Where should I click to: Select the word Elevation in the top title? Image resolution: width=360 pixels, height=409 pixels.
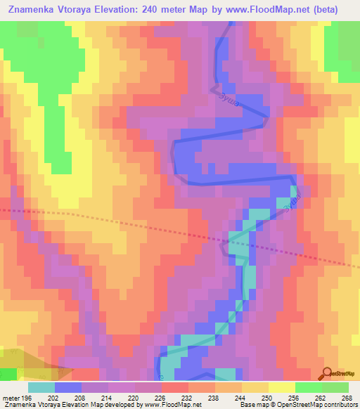tap(144, 10)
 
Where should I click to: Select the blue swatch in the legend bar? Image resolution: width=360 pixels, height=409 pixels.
tap(67, 387)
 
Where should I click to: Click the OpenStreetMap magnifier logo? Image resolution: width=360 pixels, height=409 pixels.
tap(328, 373)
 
